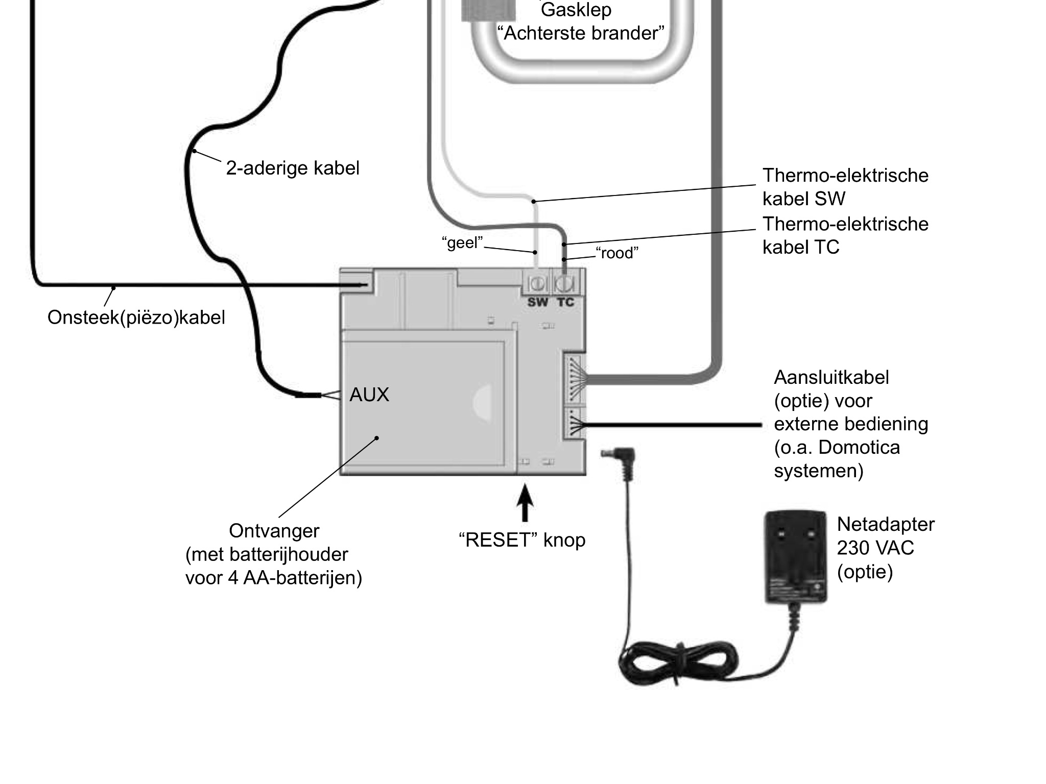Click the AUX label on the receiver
pyautogui.click(x=369, y=395)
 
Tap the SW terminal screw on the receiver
pyautogui.click(x=537, y=283)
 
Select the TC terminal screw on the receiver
pyautogui.click(x=565, y=283)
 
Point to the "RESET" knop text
pyautogui.click(x=522, y=540)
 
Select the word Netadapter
pyautogui.click(x=886, y=524)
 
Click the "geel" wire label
pyautogui.click(x=462, y=242)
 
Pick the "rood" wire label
pyautogui.click(x=617, y=253)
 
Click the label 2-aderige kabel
pyautogui.click(x=293, y=168)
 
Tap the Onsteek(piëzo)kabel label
pyautogui.click(x=136, y=317)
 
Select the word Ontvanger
pyautogui.click(x=274, y=531)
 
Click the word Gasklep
pyautogui.click(x=576, y=9)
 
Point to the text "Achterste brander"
pyautogui.click(x=581, y=33)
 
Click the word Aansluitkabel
pyautogui.click(x=831, y=378)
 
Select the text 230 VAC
pyautogui.click(x=875, y=548)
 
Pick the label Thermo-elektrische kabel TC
pyautogui.click(x=845, y=235)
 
